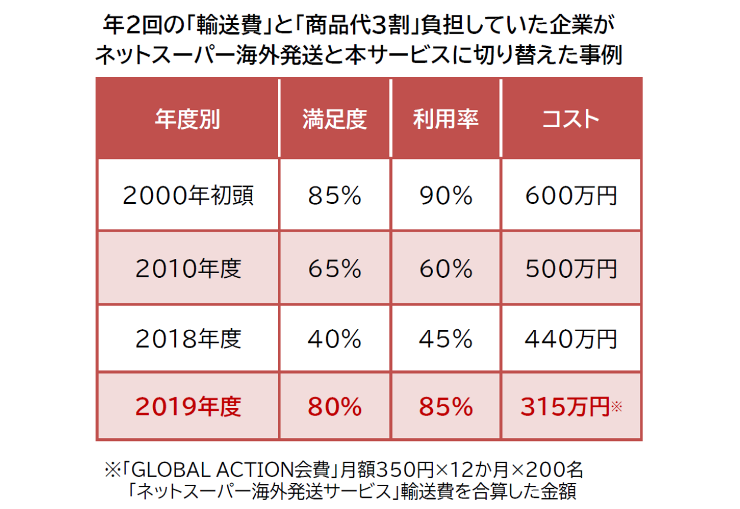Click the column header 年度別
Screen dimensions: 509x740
pyautogui.click(x=188, y=119)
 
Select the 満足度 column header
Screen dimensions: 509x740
pyautogui.click(x=335, y=119)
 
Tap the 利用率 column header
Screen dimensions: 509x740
pyautogui.click(x=446, y=119)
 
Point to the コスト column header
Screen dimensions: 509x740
pyautogui.click(x=571, y=119)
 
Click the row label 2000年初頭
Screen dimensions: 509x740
pyautogui.click(x=188, y=196)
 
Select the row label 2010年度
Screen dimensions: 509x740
pyautogui.click(x=188, y=269)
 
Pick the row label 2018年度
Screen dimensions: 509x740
pyautogui.click(x=188, y=339)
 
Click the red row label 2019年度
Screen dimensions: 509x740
pyautogui.click(x=188, y=407)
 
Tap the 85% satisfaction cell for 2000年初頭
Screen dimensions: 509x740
pyautogui.click(x=335, y=196)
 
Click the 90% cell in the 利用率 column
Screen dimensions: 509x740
pyautogui.click(x=446, y=196)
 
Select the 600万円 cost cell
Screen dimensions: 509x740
pyautogui.click(x=571, y=196)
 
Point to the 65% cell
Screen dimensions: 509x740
pyautogui.click(x=335, y=269)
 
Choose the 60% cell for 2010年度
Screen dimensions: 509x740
pyautogui.click(x=446, y=269)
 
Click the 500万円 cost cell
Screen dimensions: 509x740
pyautogui.click(x=571, y=269)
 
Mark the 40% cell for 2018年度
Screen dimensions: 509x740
pyautogui.click(x=335, y=339)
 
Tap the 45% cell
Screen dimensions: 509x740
pyautogui.click(x=446, y=339)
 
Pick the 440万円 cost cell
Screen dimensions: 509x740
pyautogui.click(x=571, y=339)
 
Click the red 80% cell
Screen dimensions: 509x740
pyautogui.click(x=335, y=407)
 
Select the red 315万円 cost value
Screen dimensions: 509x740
pyautogui.click(x=565, y=407)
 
